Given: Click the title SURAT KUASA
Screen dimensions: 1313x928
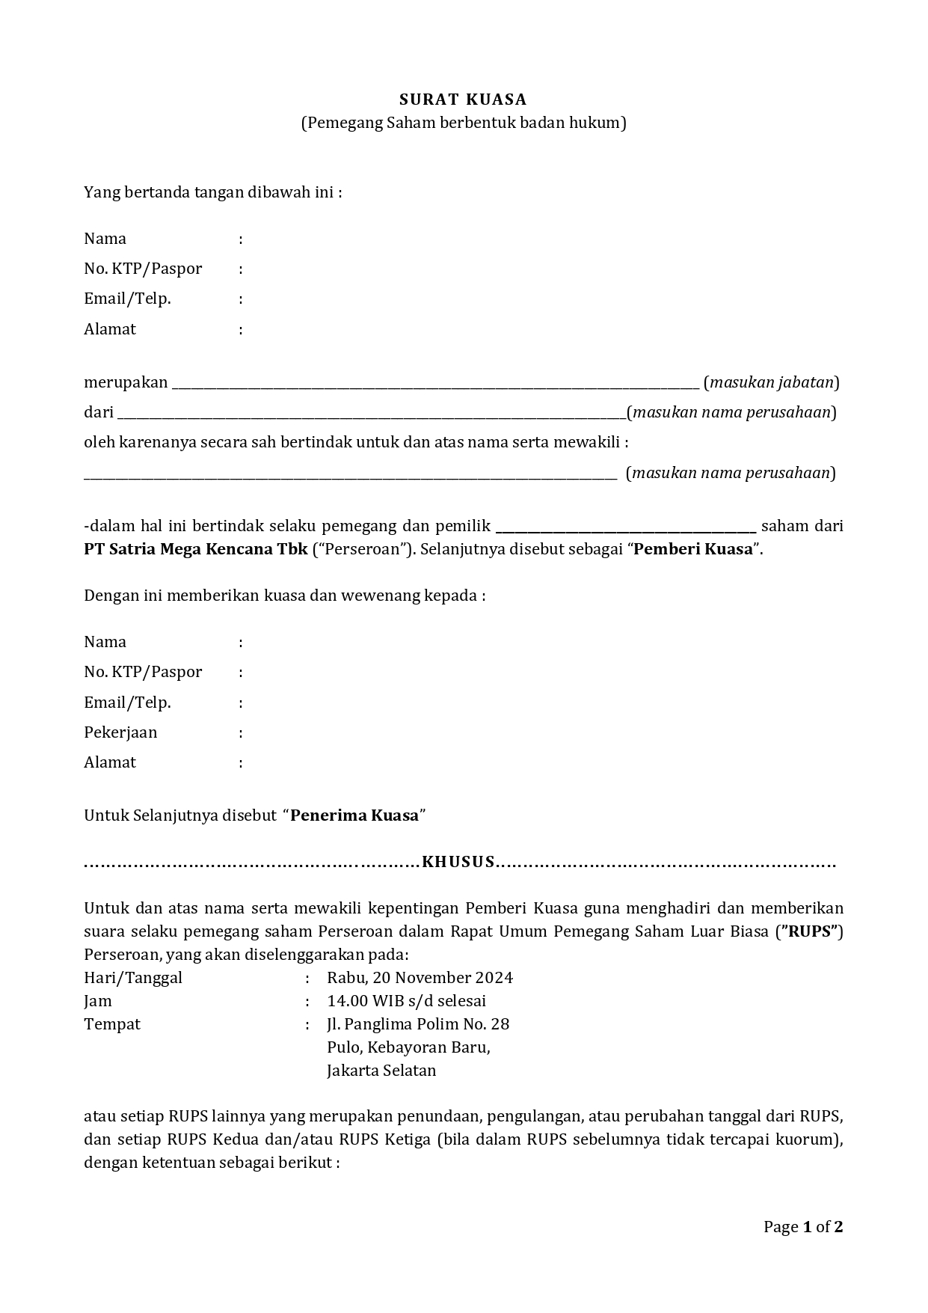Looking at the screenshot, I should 463,100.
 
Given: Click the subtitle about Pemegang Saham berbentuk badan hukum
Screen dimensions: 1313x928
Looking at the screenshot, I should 463,123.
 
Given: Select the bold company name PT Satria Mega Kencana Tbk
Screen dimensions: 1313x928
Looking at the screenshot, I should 195,549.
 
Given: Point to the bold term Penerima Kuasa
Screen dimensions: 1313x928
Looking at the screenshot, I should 354,815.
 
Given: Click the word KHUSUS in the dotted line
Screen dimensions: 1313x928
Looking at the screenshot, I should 458,862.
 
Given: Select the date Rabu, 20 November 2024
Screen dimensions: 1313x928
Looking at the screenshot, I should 420,978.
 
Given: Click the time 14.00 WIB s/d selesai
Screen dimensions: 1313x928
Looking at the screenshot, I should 406,1001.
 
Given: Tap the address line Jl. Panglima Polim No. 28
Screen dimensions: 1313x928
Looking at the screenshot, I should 417,1024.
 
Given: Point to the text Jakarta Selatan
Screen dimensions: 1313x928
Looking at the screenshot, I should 381,1071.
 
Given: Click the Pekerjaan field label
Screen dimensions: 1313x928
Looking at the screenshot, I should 120,732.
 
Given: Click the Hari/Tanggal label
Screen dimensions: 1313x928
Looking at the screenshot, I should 133,978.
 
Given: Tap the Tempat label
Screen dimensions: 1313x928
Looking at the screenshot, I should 112,1024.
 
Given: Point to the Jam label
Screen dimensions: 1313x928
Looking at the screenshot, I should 98,1001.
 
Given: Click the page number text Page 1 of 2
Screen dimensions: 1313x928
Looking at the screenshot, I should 802,1227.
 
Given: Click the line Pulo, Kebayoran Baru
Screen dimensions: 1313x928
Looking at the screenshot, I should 408,1047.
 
